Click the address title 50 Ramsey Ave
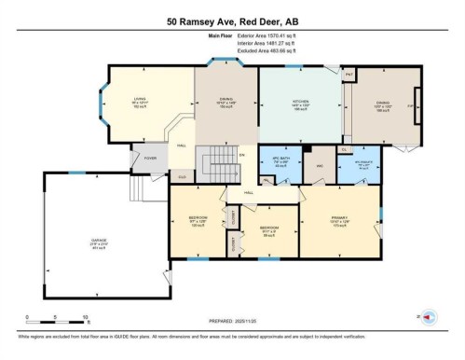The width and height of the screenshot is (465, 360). [x=232, y=21]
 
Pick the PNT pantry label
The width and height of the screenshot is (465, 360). [x=349, y=74]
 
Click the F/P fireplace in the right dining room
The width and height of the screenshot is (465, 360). [x=409, y=107]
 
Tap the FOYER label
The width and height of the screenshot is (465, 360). [x=147, y=159]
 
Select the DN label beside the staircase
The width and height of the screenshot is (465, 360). [x=239, y=155]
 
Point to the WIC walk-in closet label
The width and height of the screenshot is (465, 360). [x=319, y=166]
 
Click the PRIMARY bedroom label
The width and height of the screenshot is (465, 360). [x=338, y=221]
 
